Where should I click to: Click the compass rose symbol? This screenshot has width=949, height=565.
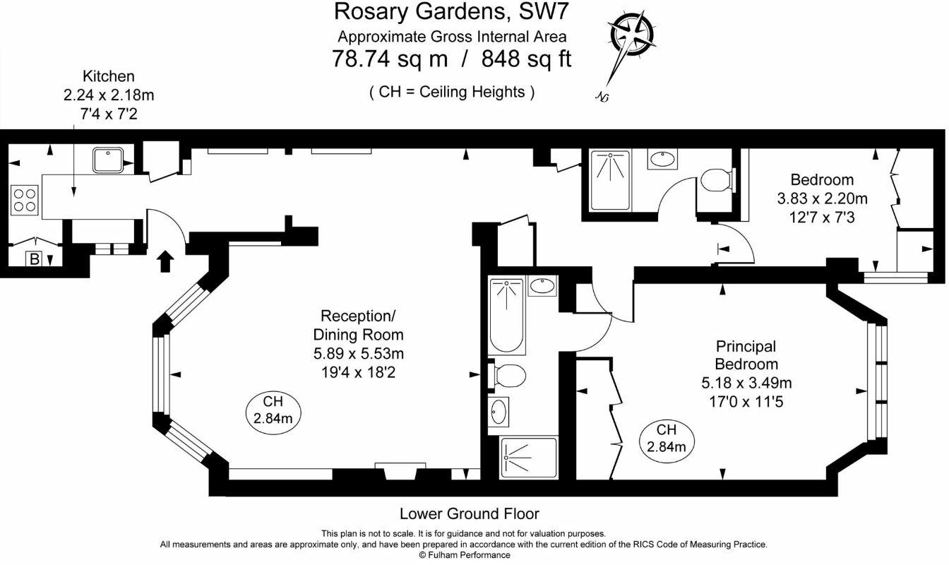(x=632, y=34)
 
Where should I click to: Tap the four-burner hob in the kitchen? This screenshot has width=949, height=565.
(x=25, y=201)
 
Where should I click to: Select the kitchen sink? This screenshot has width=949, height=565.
(x=108, y=160)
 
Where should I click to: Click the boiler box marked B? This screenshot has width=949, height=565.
(x=35, y=258)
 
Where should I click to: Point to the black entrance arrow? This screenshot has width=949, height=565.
(x=165, y=261)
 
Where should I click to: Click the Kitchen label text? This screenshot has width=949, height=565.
(x=109, y=76)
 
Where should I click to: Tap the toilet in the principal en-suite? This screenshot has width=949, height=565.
(x=507, y=376)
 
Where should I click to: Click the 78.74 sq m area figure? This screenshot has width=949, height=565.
(x=390, y=59)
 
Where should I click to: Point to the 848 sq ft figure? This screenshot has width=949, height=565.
(x=526, y=59)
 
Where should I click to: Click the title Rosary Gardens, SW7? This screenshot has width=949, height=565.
(x=451, y=12)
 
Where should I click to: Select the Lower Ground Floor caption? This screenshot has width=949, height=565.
(x=470, y=513)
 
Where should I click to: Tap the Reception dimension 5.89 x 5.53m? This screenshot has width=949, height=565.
(x=359, y=354)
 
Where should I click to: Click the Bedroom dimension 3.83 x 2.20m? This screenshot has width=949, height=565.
(x=823, y=198)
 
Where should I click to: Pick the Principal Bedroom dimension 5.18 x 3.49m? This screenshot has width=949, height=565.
(x=746, y=383)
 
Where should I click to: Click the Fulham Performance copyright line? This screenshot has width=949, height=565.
(x=465, y=555)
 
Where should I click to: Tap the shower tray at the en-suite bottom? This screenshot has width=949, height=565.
(x=528, y=458)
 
